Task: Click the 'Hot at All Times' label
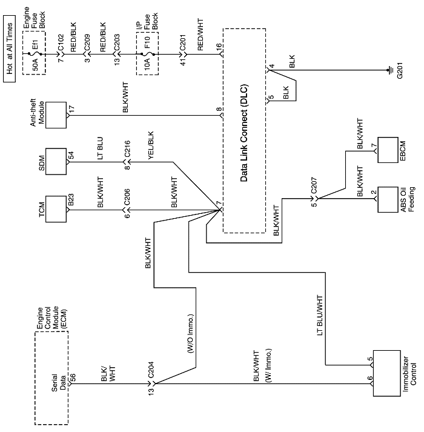(x=8, y=41)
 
